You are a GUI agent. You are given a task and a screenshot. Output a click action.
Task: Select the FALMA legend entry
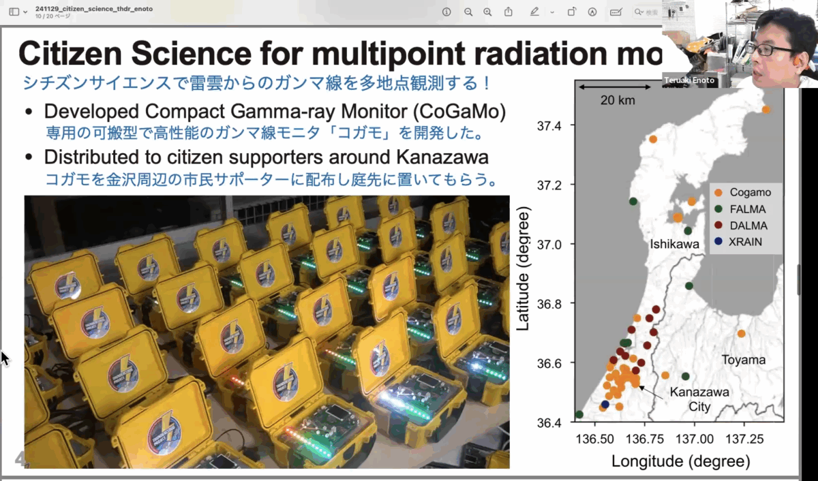pos(748,209)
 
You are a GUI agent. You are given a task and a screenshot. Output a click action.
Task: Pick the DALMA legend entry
pos(748,226)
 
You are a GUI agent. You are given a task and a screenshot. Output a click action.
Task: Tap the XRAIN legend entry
pos(746,242)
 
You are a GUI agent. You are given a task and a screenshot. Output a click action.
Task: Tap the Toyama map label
pos(744,360)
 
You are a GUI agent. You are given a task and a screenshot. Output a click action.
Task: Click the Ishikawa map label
pos(675,244)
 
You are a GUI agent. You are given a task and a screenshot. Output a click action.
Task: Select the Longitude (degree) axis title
pos(680,461)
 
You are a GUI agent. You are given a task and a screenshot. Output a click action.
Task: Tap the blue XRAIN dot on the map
pos(605,404)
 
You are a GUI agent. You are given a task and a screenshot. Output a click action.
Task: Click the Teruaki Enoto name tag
pos(690,80)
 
